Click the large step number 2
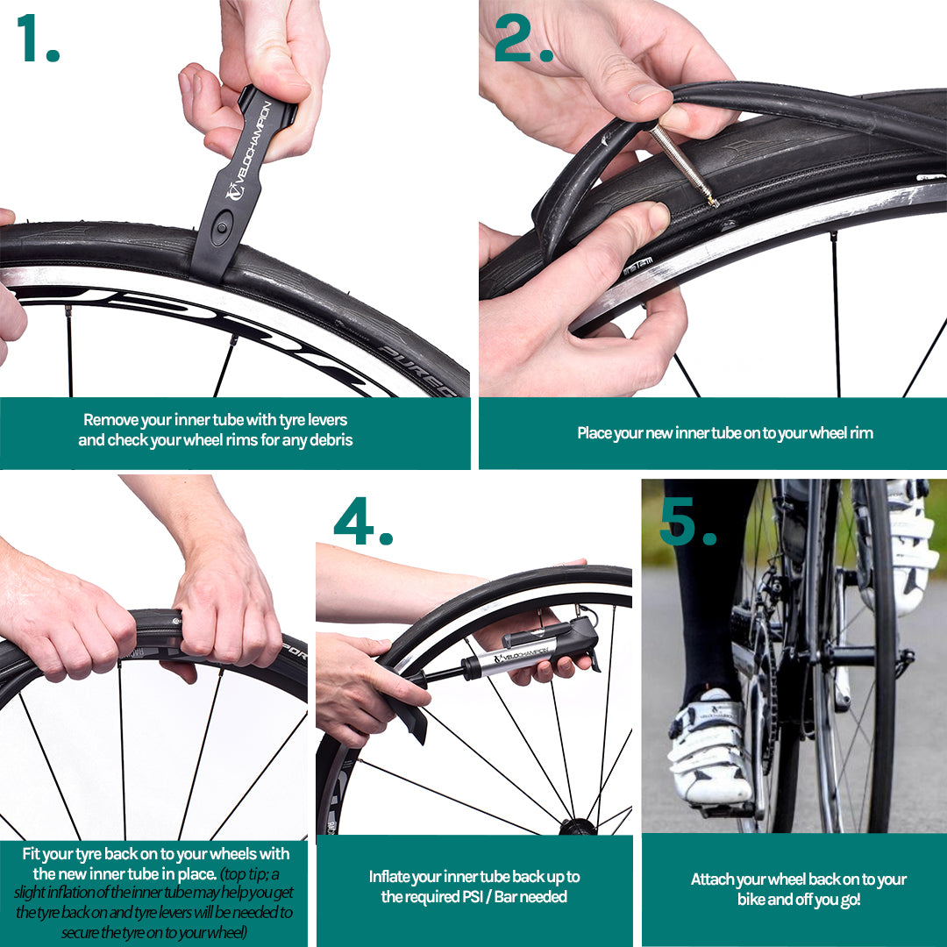click(x=523, y=38)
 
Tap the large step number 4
click(x=363, y=521)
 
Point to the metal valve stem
click(x=683, y=164)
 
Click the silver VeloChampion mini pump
click(x=531, y=652)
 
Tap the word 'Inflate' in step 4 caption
click(x=389, y=876)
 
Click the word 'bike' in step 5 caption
click(x=751, y=900)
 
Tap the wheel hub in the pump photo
click(x=578, y=826)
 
